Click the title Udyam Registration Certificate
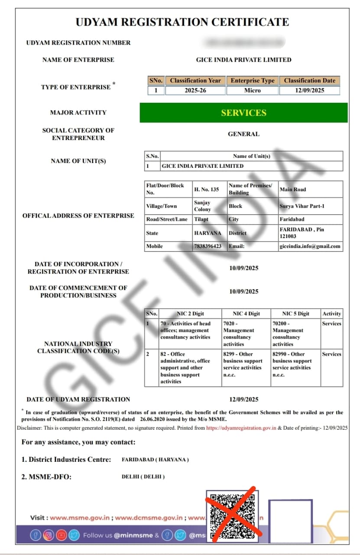tap(182, 22)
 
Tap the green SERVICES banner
tap(243, 113)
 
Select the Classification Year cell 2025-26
tap(195, 91)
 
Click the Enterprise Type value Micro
tap(252, 91)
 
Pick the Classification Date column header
tap(309, 81)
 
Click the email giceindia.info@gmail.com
tap(310, 246)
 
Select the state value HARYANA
tap(208, 233)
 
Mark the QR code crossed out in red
tap(232, 516)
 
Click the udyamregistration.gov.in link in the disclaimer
tap(241, 428)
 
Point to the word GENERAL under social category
tap(243, 134)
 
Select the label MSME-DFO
tap(47, 477)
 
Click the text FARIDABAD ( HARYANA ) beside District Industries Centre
tap(155, 460)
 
